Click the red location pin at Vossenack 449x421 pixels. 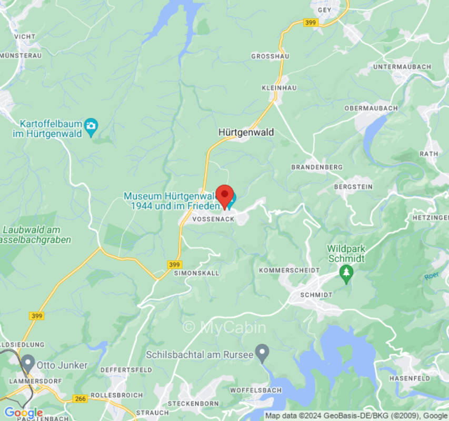(225, 196)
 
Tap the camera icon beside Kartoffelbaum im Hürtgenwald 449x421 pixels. (91, 125)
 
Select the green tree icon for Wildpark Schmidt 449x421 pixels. (346, 273)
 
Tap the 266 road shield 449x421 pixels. (80, 399)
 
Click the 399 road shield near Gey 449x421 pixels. (311, 23)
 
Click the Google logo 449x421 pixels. (23, 413)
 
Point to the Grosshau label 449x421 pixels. (270, 56)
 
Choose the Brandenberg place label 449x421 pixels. (316, 167)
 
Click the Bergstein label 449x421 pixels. (353, 186)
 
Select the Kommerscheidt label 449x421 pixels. (289, 270)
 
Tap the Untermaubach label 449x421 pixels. (402, 67)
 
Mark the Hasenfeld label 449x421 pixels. (410, 378)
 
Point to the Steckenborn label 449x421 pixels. (193, 404)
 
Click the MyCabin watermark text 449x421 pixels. (224, 327)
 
